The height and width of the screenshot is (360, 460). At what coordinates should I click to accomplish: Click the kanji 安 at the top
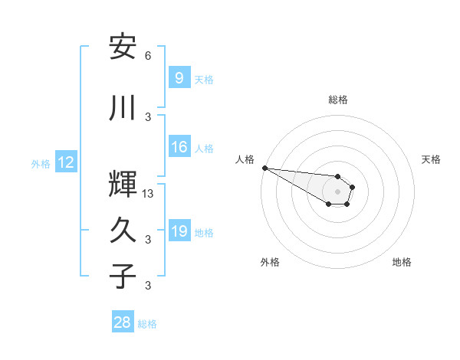tap(123, 47)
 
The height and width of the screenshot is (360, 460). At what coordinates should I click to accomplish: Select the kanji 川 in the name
tap(123, 108)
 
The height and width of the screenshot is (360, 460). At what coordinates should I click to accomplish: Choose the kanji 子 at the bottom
tap(123, 277)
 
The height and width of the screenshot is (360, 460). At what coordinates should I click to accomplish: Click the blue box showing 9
tap(179, 78)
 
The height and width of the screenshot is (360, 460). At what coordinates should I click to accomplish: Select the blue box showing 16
tap(179, 148)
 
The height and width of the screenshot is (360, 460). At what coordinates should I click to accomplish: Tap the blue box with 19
tap(179, 232)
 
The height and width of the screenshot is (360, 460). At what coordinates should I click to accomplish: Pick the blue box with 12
tap(65, 162)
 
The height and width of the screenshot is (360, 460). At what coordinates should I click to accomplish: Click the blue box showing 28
tap(123, 323)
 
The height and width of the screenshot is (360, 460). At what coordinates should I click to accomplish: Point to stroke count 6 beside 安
tap(148, 56)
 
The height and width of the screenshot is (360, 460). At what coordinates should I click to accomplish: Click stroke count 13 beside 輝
tap(148, 194)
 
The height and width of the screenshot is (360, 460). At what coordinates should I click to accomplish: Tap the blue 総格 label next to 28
tap(147, 324)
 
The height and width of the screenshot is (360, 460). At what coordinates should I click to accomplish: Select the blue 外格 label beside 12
tap(41, 163)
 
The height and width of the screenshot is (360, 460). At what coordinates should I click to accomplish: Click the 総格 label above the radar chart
tap(337, 100)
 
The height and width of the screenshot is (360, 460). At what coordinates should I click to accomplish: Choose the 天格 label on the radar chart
tap(431, 159)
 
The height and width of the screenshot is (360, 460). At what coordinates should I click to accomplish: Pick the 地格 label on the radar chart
tap(402, 262)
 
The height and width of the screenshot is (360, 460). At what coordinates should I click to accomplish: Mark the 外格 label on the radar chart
tap(270, 262)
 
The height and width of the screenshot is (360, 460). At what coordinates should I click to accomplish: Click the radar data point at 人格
tap(264, 168)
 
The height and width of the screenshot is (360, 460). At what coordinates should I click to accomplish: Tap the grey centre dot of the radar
tap(337, 191)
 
